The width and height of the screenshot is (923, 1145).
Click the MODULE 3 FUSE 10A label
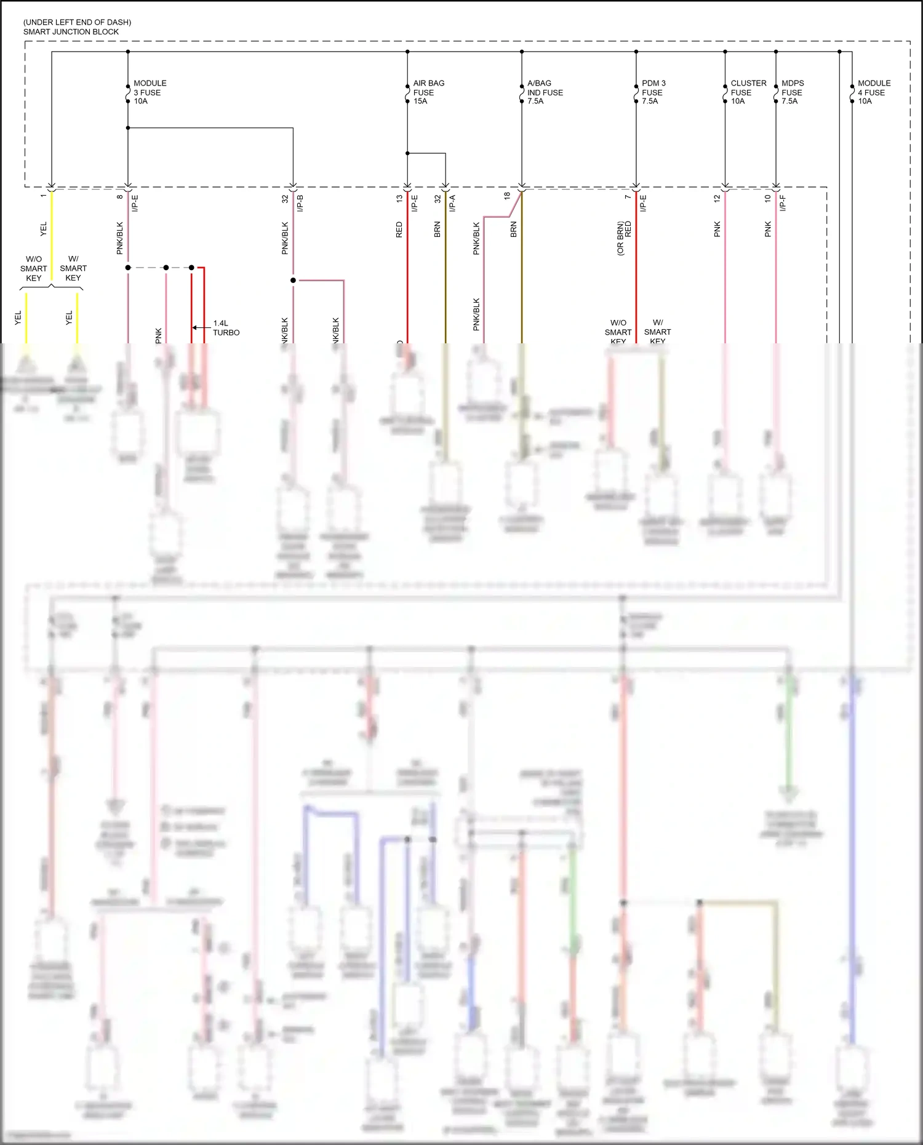coord(150,92)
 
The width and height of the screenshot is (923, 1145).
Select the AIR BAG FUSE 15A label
coord(428,92)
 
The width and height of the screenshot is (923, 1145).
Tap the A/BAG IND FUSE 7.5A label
coord(545,92)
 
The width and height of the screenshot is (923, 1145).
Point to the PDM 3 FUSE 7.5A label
coord(653,92)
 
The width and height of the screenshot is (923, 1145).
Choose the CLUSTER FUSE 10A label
coord(748,92)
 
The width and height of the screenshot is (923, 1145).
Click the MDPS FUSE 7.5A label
coord(792,92)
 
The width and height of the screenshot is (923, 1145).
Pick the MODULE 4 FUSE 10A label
coord(874,92)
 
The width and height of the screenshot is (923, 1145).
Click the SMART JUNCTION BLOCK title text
coord(71,31)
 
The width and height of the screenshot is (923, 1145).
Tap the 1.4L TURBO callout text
coord(226,328)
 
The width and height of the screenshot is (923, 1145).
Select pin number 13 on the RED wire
coord(399,199)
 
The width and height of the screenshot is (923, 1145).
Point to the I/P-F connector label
coord(783,203)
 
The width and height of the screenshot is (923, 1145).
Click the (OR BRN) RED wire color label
coord(624,238)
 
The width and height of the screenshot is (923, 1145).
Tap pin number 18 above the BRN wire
coord(507,196)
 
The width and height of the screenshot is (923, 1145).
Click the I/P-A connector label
coord(452,203)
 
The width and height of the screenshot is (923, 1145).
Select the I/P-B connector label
coord(300,203)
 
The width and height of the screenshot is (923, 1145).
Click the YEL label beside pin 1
coord(43,229)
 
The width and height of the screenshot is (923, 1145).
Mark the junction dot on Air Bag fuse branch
coord(407,153)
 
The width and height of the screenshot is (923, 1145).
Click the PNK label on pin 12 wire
coord(717,229)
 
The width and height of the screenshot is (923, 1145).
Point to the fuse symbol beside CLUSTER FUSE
coord(725,93)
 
